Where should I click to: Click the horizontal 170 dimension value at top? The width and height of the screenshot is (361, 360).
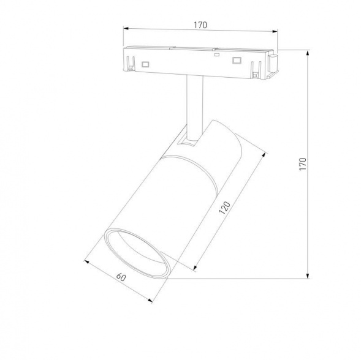click(200, 25)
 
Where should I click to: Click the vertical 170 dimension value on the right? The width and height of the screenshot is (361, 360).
click(303, 164)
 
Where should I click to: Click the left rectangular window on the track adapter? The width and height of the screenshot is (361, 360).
click(146, 63)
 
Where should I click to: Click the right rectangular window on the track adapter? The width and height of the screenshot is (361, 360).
click(235, 60)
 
